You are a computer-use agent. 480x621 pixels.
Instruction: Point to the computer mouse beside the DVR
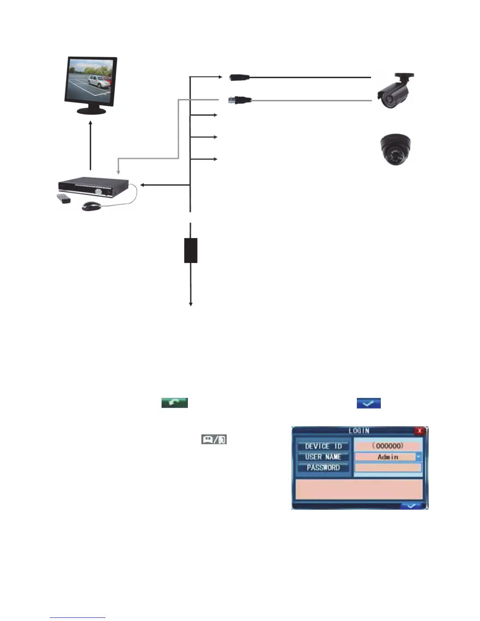click(x=91, y=206)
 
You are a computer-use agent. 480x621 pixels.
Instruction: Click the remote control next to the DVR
click(x=64, y=198)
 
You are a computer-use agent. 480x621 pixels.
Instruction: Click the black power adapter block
click(x=191, y=250)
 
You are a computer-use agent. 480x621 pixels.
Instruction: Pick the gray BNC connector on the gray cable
click(x=240, y=101)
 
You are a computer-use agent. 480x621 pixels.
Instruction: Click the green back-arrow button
click(x=175, y=403)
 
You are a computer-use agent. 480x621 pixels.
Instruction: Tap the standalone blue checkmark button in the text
click(x=368, y=403)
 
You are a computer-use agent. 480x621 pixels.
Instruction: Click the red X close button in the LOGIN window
click(x=420, y=431)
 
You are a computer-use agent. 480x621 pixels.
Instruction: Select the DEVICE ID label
click(x=323, y=446)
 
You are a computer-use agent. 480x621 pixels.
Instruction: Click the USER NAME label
click(x=323, y=457)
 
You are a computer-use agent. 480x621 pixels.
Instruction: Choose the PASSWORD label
click(x=323, y=467)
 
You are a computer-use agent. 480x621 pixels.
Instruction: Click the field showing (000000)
click(x=387, y=446)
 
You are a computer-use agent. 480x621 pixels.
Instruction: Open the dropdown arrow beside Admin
click(x=418, y=457)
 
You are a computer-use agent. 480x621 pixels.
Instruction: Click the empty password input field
click(x=387, y=467)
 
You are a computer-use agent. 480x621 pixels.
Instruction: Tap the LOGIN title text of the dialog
click(x=359, y=431)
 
